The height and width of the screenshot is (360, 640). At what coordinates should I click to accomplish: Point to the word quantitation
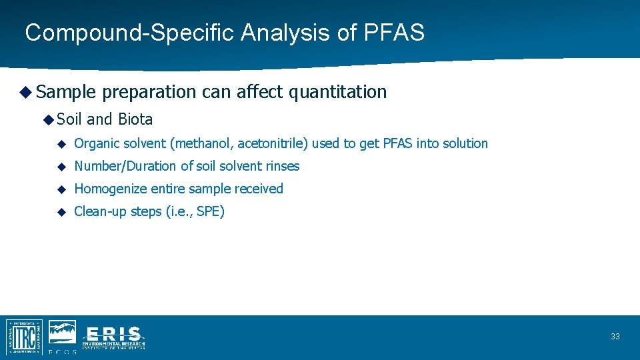(x=337, y=92)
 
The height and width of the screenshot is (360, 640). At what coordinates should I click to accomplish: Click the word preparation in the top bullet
(x=149, y=92)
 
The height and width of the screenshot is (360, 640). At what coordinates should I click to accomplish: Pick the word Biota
(x=135, y=119)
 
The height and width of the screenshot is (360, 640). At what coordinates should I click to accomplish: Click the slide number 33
(x=615, y=337)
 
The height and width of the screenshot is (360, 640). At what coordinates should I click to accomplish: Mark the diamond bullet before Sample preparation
(x=25, y=92)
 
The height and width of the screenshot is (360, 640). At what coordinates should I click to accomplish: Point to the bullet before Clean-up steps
(x=61, y=212)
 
